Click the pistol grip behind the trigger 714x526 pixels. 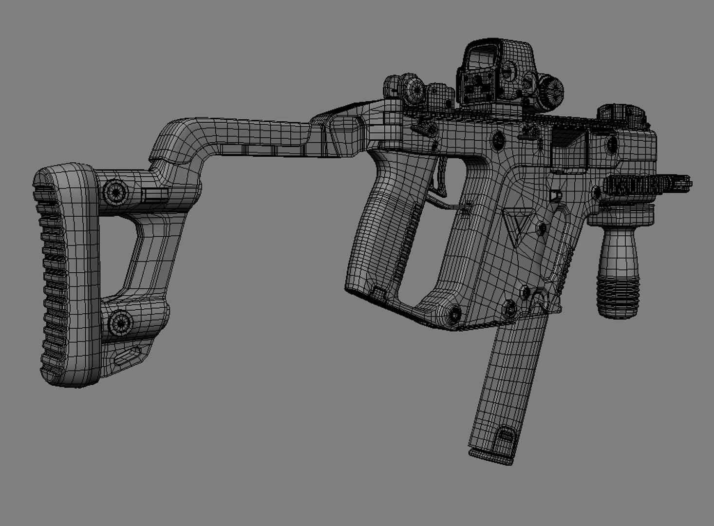tap(385, 234)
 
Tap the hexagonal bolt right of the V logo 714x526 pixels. tap(540, 226)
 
